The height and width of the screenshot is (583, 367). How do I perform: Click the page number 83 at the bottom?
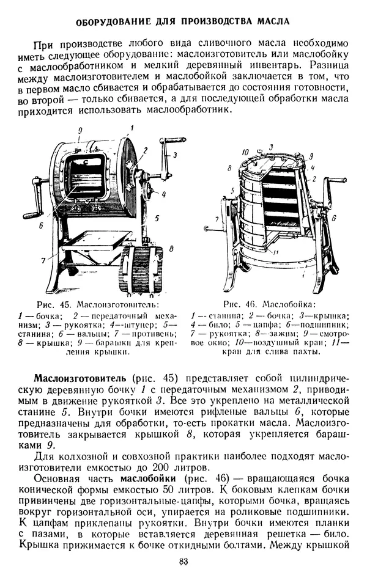(x=182, y=563)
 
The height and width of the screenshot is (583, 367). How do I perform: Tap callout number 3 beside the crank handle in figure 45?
(x=174, y=155)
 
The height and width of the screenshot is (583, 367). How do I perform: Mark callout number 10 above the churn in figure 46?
(x=245, y=151)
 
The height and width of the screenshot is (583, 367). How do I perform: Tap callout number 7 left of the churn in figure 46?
(x=218, y=218)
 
